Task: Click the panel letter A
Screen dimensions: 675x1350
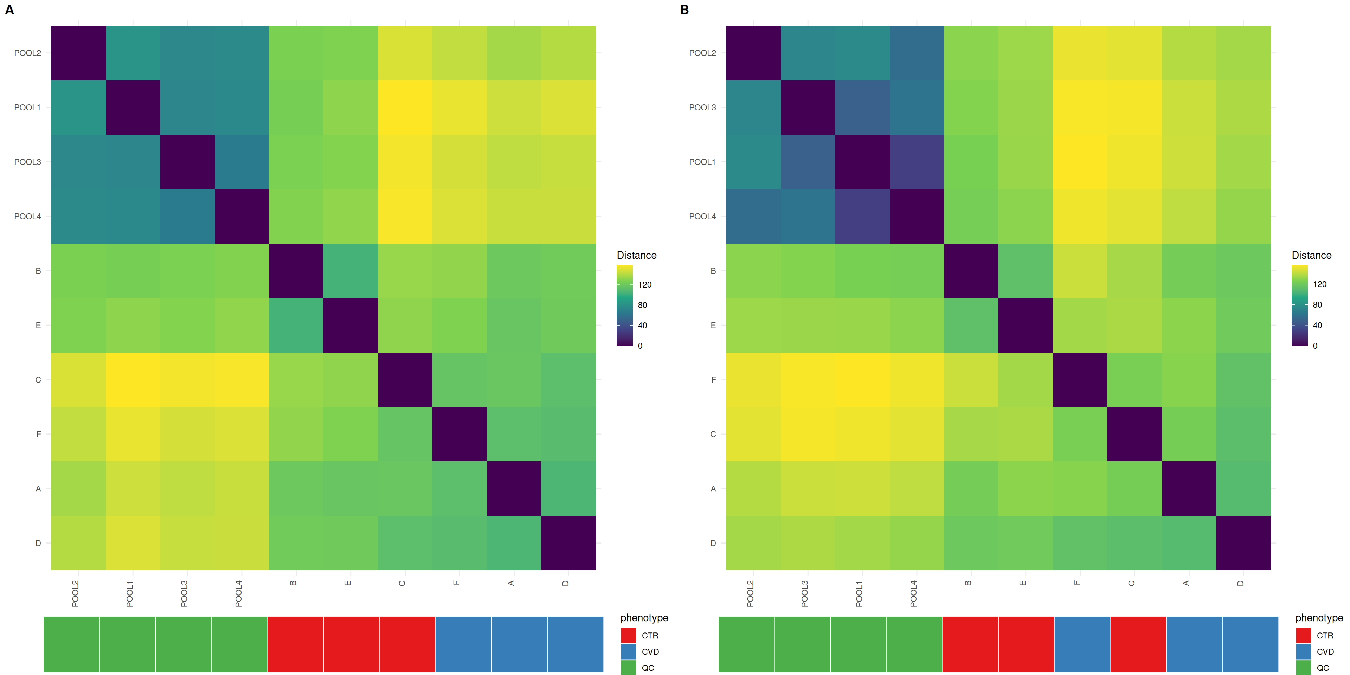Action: click(x=9, y=9)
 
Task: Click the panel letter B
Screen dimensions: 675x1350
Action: click(x=684, y=9)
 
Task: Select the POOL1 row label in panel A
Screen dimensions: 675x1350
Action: click(x=27, y=108)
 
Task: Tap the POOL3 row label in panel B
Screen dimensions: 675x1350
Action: click(x=702, y=108)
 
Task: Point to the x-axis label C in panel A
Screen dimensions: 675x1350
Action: click(x=402, y=583)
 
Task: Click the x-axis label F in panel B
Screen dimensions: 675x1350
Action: click(x=1077, y=583)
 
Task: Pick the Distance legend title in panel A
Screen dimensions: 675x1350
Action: click(x=636, y=255)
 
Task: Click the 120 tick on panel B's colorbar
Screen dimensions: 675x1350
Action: click(x=1320, y=284)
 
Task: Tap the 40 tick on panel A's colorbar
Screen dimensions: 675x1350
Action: click(x=643, y=326)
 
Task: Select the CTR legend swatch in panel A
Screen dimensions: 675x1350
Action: click(x=628, y=635)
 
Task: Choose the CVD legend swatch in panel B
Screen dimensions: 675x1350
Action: click(x=1303, y=651)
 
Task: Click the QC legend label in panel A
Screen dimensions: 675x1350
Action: click(x=648, y=668)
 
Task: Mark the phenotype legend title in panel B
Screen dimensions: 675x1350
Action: click(x=1319, y=618)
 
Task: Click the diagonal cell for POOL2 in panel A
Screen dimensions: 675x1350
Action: click(x=79, y=53)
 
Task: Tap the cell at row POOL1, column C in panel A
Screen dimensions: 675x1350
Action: click(x=405, y=108)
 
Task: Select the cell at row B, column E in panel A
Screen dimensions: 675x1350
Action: click(x=351, y=271)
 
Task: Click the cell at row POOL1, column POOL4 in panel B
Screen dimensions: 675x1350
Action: click(x=917, y=162)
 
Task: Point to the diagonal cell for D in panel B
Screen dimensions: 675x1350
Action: click(x=1243, y=543)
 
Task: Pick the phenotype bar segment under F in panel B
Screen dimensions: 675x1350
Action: click(x=1082, y=644)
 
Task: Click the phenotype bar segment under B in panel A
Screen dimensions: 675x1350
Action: click(x=296, y=644)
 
